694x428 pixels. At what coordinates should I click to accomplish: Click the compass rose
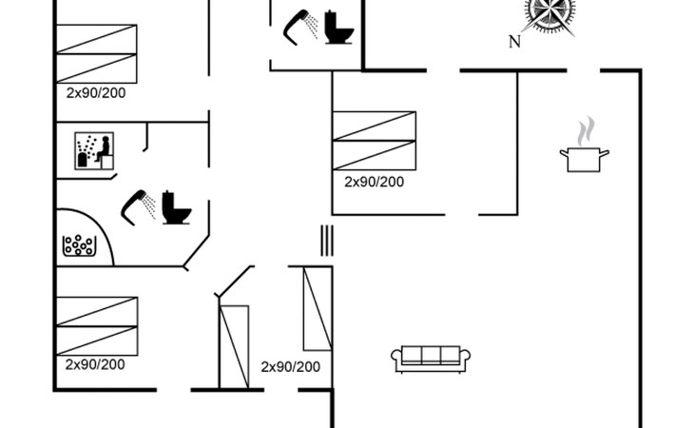(x=550, y=14)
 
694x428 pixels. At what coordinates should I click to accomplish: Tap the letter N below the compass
(x=514, y=42)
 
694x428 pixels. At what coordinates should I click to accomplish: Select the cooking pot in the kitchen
(x=586, y=158)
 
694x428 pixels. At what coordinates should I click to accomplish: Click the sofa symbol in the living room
(x=431, y=358)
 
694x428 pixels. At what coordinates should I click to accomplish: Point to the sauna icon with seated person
(x=95, y=151)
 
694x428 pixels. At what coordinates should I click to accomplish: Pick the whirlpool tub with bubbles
(x=78, y=245)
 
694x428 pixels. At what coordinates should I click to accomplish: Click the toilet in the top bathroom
(x=338, y=28)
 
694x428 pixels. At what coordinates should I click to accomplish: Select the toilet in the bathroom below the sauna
(x=176, y=207)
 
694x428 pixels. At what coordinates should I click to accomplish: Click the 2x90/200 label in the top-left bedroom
(x=96, y=93)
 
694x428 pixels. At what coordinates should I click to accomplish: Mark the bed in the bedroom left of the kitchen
(x=374, y=141)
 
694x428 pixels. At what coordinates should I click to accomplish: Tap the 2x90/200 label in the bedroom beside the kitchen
(x=374, y=182)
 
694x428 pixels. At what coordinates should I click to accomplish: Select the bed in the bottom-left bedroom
(x=96, y=325)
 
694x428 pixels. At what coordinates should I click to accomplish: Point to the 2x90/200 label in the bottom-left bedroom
(x=95, y=364)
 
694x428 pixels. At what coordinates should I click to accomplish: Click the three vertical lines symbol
(x=326, y=240)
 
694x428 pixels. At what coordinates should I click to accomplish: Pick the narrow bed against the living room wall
(x=317, y=309)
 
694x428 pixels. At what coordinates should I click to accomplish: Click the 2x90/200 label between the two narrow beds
(x=291, y=366)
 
